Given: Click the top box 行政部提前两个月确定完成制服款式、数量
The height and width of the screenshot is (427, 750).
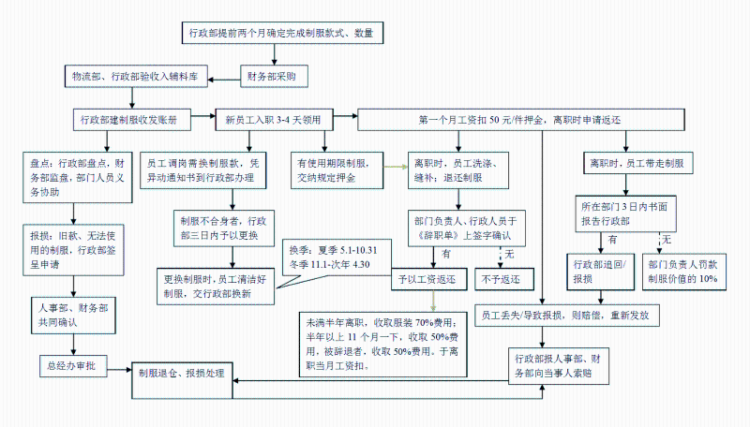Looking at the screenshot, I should coord(281,33).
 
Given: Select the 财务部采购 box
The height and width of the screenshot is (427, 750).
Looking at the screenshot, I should coord(271,75).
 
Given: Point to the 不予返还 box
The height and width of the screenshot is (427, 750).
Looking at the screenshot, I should coord(504,279).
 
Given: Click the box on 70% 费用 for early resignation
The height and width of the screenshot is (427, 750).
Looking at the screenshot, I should coord(384,344).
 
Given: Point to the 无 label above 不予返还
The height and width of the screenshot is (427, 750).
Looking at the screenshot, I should coord(510,254).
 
